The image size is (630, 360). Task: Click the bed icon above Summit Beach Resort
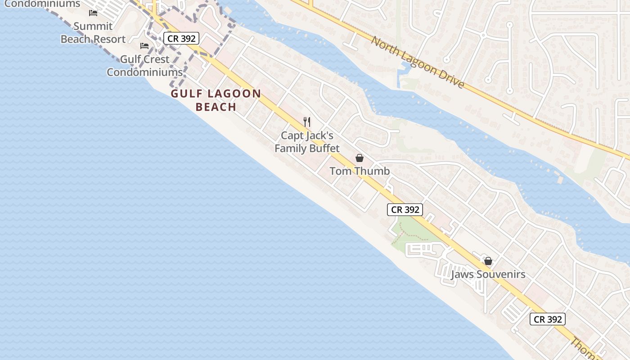[x=93, y=13]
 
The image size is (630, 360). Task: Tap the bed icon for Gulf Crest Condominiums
[x=144, y=46]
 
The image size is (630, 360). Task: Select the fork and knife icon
[x=307, y=121]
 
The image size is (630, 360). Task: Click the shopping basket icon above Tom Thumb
[x=360, y=158]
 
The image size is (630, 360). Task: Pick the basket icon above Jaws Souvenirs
[x=488, y=261]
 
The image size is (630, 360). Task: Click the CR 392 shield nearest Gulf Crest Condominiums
[x=181, y=39]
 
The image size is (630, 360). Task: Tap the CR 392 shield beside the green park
[x=405, y=210]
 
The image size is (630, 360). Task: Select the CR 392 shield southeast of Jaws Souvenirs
[x=547, y=319]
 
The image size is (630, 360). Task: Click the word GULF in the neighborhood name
[x=186, y=94]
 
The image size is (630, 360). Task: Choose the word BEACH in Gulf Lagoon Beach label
[x=216, y=107]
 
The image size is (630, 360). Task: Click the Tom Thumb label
[x=360, y=171]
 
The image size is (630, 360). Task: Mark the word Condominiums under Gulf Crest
[x=144, y=72]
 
